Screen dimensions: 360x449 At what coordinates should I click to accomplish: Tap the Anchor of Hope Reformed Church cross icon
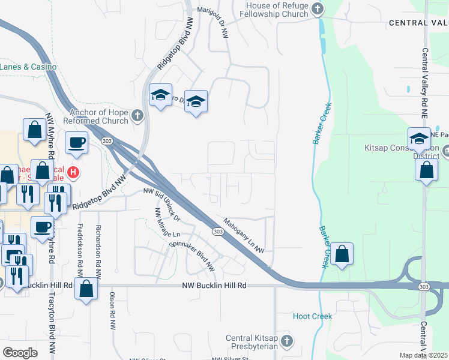[x=137, y=115]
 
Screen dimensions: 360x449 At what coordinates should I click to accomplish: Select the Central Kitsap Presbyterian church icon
[x=286, y=341]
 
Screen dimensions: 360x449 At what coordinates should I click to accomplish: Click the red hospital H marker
[x=73, y=173]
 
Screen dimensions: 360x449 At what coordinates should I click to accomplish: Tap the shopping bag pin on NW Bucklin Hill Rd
[x=86, y=289]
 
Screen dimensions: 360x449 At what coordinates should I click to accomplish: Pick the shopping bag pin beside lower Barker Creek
[x=342, y=254]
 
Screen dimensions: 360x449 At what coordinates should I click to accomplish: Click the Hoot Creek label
[x=312, y=316]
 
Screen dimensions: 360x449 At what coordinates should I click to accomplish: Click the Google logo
[x=20, y=352]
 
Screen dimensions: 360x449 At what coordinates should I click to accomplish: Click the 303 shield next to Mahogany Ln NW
[x=217, y=231]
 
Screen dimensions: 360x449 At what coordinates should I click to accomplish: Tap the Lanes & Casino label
[x=28, y=67]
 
